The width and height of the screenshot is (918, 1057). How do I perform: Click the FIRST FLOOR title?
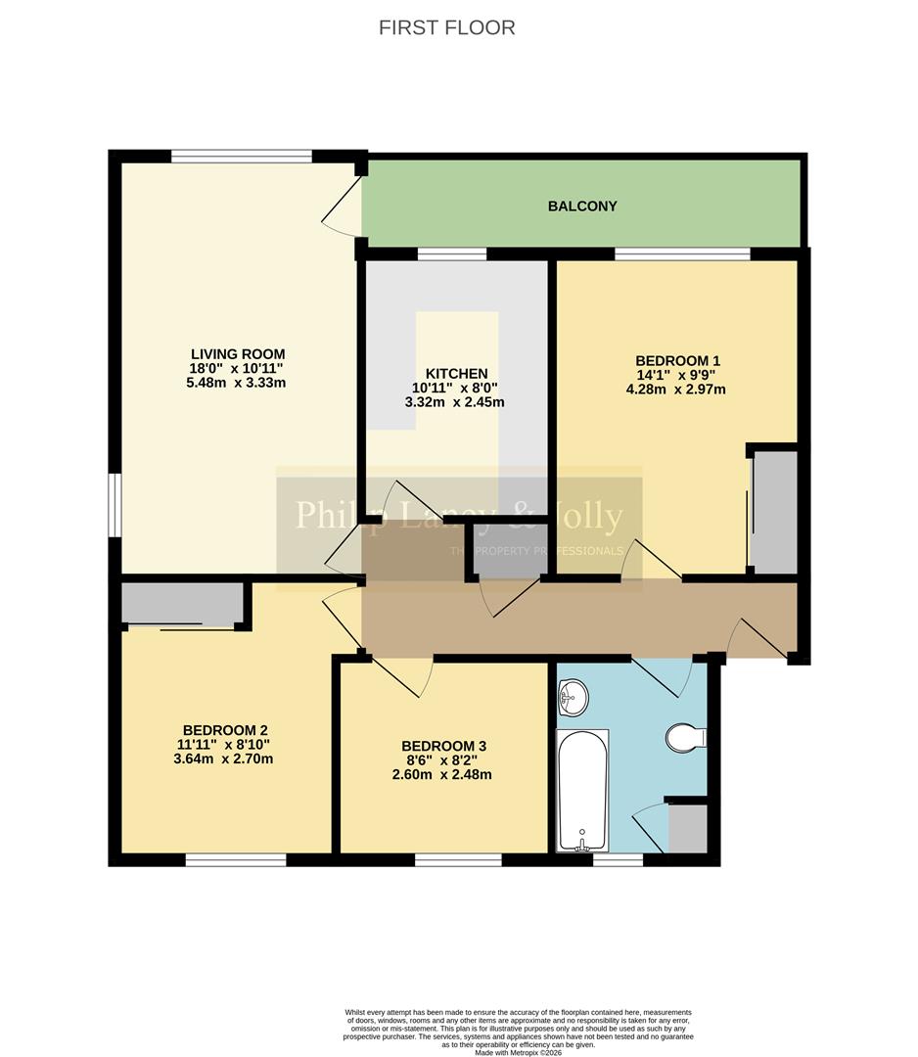tap(446, 27)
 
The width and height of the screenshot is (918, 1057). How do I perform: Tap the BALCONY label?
tap(582, 206)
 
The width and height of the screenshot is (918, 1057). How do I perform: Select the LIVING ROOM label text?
tap(238, 353)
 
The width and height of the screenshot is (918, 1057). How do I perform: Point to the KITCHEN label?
tap(457, 373)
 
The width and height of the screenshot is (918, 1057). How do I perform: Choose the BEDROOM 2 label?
tap(225, 729)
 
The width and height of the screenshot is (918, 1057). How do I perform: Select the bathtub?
tap(582, 791)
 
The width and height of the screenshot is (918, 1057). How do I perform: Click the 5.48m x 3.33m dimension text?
tap(238, 383)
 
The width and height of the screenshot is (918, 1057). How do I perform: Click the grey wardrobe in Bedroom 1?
tap(775, 511)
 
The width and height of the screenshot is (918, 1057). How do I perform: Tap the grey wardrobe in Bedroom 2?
tap(182, 604)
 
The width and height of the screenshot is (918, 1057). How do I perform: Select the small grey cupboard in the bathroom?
tap(687, 828)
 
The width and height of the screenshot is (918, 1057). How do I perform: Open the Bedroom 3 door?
tap(401, 675)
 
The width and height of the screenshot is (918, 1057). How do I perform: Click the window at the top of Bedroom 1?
tap(682, 254)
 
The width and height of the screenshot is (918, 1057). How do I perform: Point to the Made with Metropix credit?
tap(519, 1052)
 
